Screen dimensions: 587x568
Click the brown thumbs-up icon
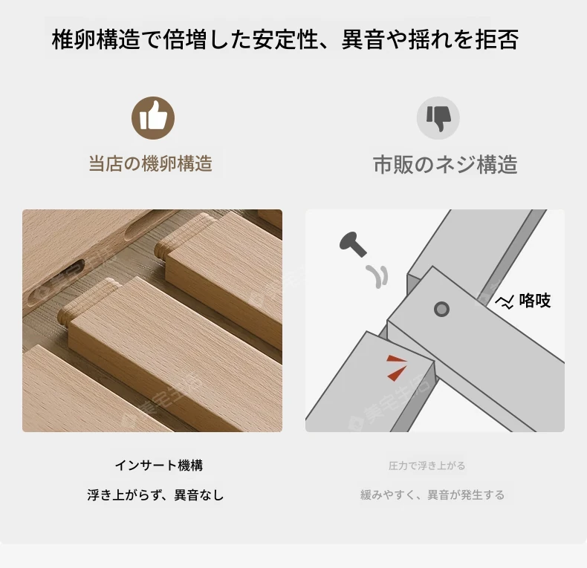tap(153, 118)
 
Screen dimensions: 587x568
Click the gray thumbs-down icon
tap(438, 118)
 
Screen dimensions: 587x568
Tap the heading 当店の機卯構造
tap(151, 163)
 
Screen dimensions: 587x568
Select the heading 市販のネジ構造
tap(445, 164)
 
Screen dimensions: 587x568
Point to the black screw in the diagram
tap(352, 244)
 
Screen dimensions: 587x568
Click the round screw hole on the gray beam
tap(441, 309)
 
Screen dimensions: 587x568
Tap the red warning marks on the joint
tap(397, 368)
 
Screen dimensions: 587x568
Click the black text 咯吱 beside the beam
tap(534, 300)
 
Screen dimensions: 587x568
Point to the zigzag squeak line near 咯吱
tap(505, 302)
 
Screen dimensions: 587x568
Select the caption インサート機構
tap(159, 466)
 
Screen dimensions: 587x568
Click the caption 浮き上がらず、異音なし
tap(155, 495)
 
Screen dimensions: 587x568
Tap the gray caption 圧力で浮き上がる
tap(427, 466)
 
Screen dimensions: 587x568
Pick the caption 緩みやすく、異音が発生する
tap(432, 495)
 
